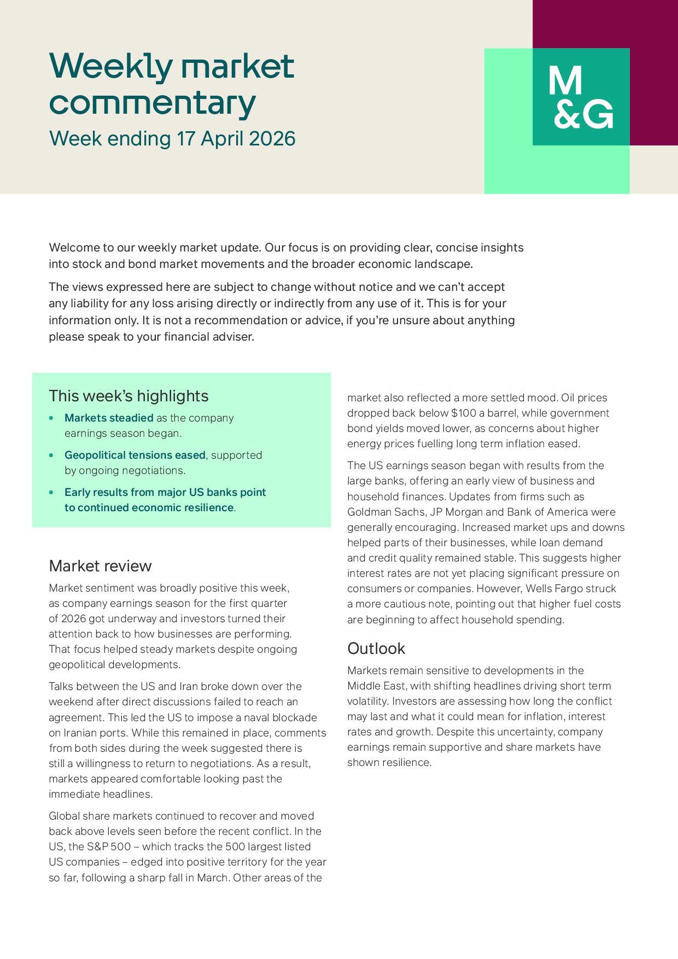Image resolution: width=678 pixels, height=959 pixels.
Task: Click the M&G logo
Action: (581, 97)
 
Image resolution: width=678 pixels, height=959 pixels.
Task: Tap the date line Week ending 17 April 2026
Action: (172, 139)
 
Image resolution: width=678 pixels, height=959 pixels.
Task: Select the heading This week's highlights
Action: (128, 396)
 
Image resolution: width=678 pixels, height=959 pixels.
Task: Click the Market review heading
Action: (100, 566)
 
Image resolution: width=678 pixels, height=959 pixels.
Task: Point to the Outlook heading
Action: (376, 648)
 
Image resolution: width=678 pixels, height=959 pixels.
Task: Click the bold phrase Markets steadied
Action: (109, 418)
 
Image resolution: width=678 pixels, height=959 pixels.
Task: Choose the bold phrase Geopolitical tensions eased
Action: (135, 455)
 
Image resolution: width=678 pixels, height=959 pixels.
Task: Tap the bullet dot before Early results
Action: (51, 493)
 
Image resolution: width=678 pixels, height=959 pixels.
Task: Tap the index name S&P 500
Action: (109, 847)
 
